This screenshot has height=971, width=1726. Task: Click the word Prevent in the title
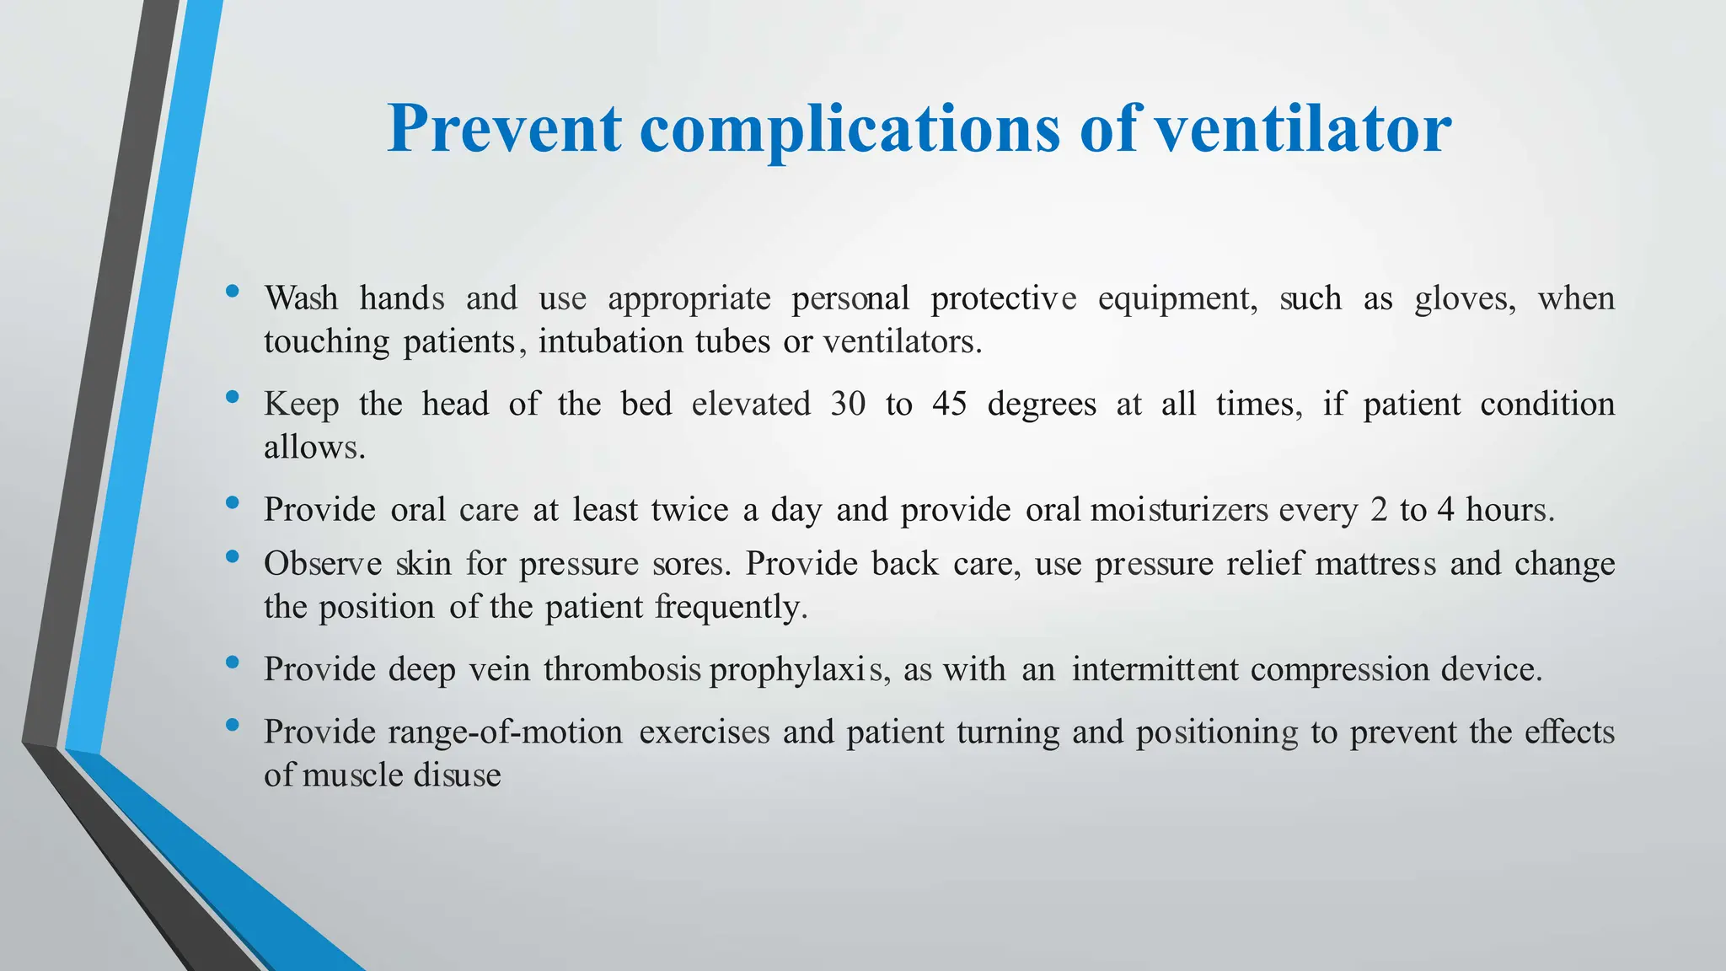[x=504, y=128]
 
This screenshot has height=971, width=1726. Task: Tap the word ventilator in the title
[x=1302, y=128]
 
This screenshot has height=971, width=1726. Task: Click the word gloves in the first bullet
[x=1465, y=299]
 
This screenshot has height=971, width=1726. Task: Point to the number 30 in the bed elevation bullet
[x=848, y=405]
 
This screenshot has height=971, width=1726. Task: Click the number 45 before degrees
[x=949, y=405]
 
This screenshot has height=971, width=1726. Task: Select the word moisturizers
[x=1178, y=510]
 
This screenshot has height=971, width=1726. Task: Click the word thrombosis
[x=622, y=670]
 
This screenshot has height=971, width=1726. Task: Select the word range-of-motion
[x=505, y=732]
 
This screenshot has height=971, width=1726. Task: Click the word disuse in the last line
[x=458, y=775]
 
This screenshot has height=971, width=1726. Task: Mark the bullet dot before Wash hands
[x=233, y=292]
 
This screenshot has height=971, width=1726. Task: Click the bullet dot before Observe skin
[x=233, y=556]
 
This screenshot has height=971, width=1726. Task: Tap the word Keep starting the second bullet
[x=301, y=405]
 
